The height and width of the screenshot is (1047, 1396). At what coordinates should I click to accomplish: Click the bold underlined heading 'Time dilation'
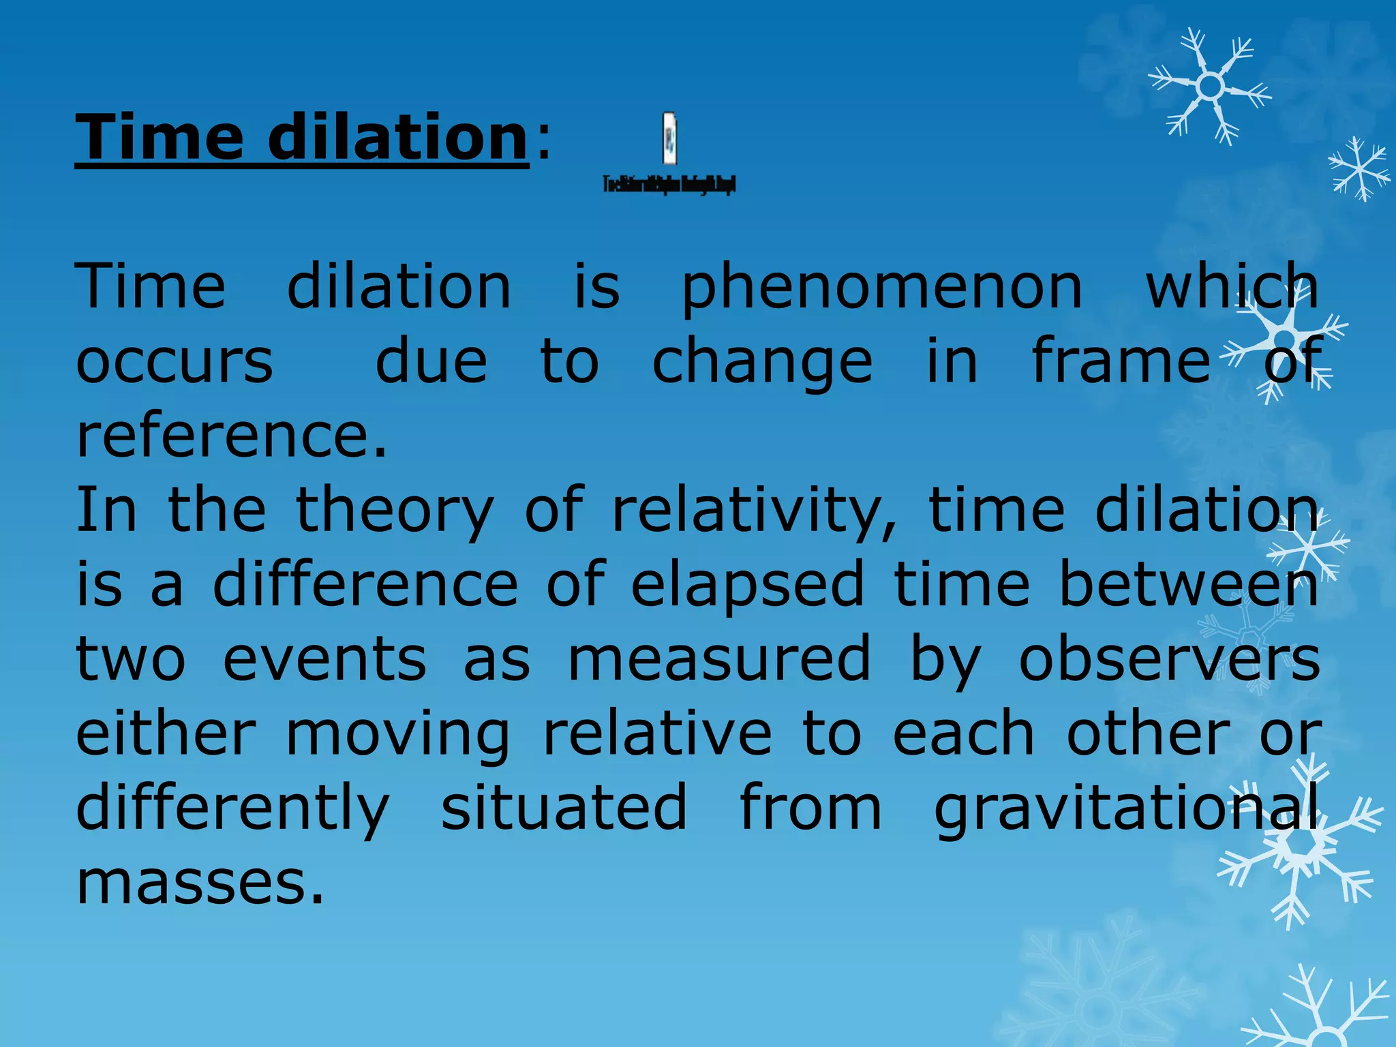(302, 138)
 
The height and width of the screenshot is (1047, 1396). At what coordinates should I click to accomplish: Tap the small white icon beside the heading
(670, 139)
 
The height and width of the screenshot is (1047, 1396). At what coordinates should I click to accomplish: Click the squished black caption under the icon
(669, 184)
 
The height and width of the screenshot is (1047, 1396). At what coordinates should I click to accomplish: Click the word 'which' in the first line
(1231, 286)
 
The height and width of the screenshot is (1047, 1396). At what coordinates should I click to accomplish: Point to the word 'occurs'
(174, 362)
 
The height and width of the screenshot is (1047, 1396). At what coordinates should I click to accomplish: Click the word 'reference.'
(232, 436)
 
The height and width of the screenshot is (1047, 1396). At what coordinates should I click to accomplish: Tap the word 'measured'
(719, 658)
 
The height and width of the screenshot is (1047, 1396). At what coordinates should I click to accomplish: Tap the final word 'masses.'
(200, 883)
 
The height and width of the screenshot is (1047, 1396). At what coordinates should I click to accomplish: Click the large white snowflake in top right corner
(1210, 87)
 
